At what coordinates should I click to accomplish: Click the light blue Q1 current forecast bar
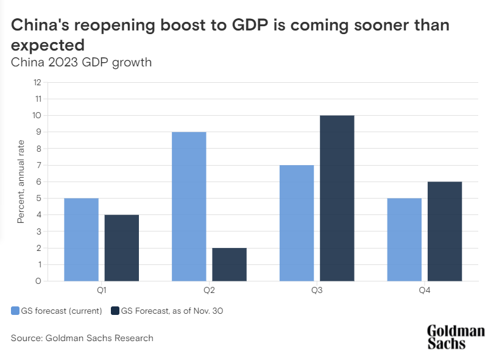pos(81,239)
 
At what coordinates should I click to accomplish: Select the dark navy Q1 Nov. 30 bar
pos(122,248)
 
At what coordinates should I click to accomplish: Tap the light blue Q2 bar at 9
pos(189,206)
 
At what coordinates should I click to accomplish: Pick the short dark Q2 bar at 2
pos(230,264)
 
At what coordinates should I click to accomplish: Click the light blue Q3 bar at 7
pos(297,223)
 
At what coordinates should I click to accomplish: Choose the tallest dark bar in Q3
pos(337,198)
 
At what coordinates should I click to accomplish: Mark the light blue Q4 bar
pos(405,239)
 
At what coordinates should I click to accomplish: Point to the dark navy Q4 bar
pos(445,231)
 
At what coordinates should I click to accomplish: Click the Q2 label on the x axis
pos(209,291)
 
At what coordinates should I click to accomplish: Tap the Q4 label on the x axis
pos(425,291)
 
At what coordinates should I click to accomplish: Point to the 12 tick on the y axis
pos(37,82)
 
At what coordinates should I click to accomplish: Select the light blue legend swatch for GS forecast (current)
pos(15,311)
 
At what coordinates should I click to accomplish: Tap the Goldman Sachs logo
pos(456,336)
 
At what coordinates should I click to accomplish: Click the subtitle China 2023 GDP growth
pos(82,62)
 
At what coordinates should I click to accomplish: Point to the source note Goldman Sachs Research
pos(82,337)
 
